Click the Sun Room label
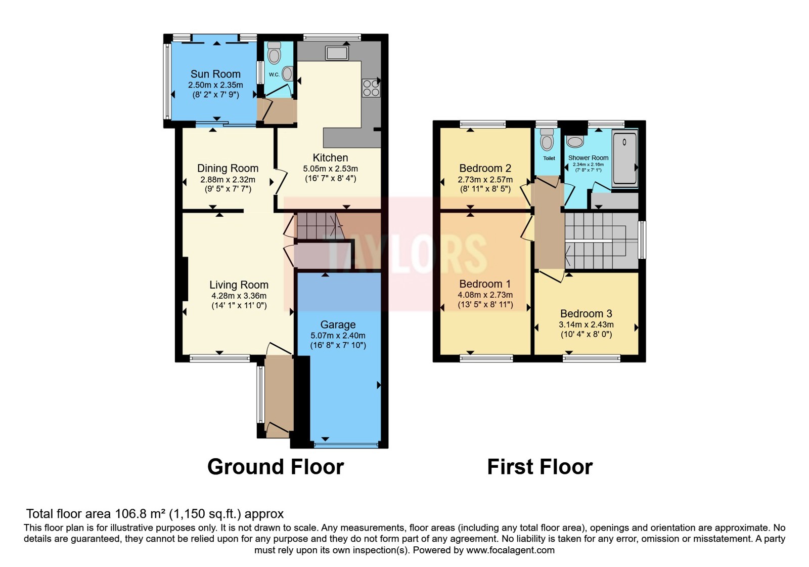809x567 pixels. (x=215, y=74)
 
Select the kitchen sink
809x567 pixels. (x=337, y=53)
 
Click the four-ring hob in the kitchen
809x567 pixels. (x=371, y=88)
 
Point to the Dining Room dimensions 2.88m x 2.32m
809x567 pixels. (x=228, y=179)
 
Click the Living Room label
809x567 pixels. (x=239, y=285)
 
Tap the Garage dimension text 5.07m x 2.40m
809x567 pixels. (x=338, y=336)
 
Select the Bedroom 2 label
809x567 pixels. (x=485, y=168)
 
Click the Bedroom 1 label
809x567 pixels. (x=485, y=284)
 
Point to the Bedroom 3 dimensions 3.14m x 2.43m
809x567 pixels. (x=586, y=325)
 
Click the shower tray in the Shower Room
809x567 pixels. (x=625, y=158)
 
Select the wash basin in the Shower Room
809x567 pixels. (x=575, y=141)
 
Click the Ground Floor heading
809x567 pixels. (x=276, y=467)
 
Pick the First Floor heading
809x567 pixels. (x=540, y=467)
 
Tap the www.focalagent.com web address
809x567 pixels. (x=510, y=550)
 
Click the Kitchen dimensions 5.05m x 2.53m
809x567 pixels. (x=331, y=169)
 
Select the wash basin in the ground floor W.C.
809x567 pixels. (x=288, y=74)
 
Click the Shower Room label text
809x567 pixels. (x=589, y=157)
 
